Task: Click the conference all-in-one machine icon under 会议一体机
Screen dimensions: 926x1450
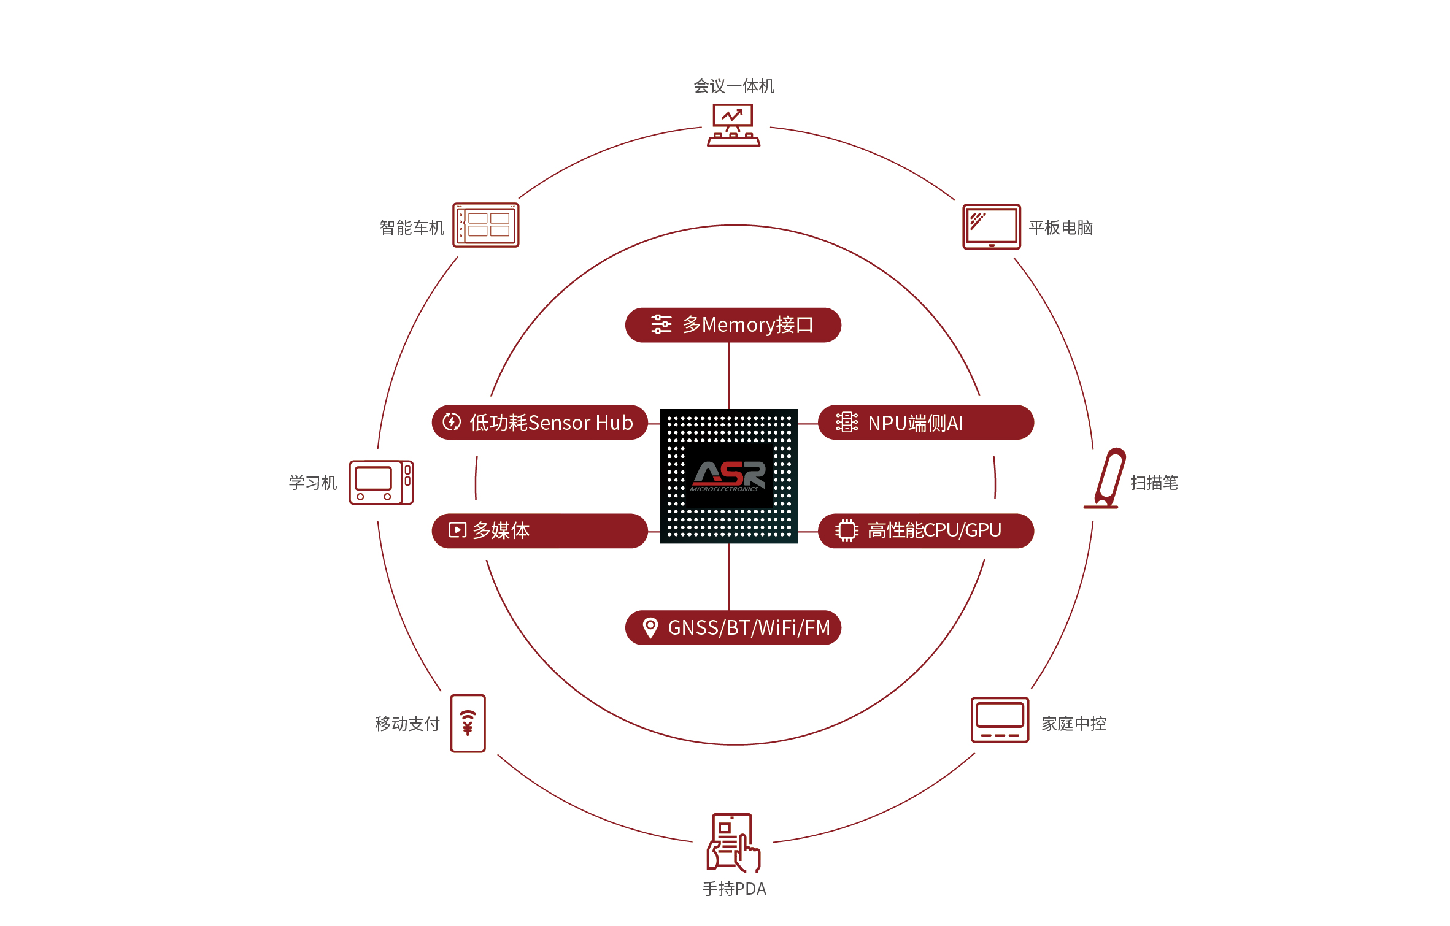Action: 733,125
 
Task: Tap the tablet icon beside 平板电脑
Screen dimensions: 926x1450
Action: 991,227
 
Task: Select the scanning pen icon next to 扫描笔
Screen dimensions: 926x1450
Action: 1106,479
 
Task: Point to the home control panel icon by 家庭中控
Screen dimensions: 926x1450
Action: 999,720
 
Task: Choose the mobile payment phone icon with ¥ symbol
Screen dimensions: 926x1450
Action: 468,723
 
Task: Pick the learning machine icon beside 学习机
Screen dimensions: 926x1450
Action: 381,483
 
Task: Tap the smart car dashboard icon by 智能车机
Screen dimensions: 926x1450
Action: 485,225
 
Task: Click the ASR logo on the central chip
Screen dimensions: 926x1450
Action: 729,475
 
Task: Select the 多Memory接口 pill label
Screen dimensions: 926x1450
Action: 733,325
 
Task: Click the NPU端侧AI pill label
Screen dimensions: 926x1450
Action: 925,423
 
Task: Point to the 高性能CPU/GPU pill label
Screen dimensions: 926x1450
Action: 925,530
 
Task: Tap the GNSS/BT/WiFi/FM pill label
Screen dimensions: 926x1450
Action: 733,627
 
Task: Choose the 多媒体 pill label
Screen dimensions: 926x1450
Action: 539,530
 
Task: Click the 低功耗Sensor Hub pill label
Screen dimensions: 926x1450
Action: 539,423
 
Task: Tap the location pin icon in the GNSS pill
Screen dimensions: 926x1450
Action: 650,627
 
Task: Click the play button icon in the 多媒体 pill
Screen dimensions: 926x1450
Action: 457,530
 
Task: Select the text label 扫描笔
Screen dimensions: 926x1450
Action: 1154,483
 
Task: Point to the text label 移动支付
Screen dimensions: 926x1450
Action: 407,724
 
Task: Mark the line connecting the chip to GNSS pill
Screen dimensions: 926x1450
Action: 729,576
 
